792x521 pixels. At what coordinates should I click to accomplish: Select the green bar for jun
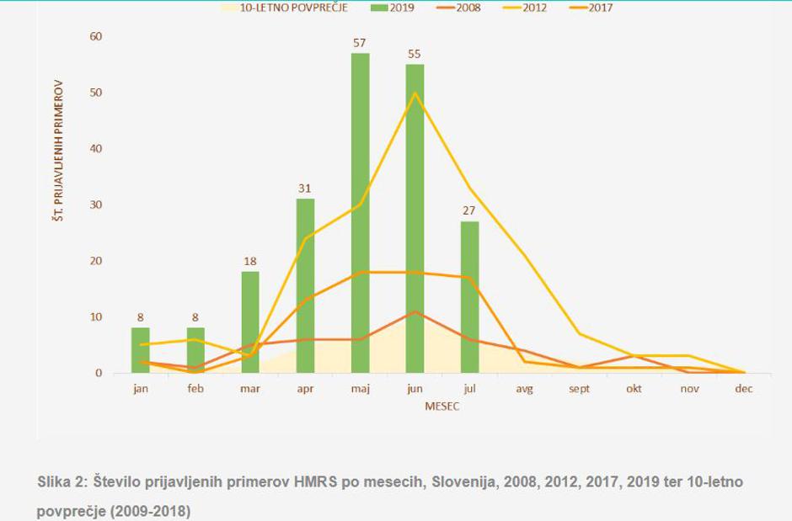(x=415, y=218)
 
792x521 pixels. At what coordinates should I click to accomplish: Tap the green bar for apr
(x=305, y=285)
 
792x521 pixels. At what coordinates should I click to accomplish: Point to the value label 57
(x=361, y=42)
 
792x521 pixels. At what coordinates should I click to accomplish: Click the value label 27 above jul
(x=470, y=210)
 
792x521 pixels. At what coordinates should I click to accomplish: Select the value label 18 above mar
(x=250, y=261)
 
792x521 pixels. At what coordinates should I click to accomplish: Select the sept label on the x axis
(x=580, y=390)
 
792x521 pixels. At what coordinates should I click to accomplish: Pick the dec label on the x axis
(x=744, y=390)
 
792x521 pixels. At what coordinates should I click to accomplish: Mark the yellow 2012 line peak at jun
(x=415, y=93)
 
